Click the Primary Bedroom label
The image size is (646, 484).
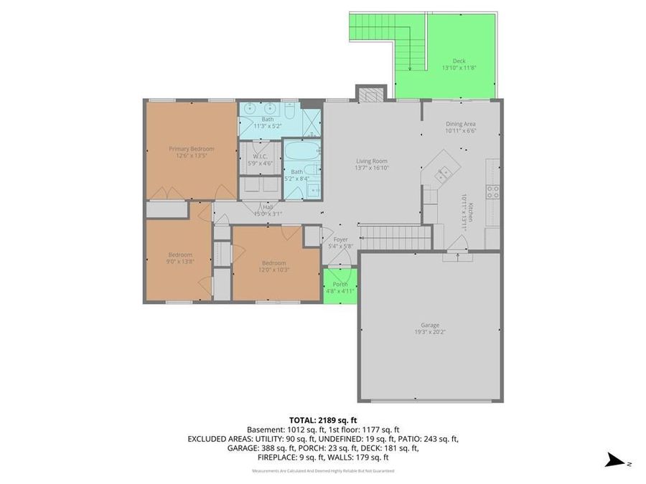pos(192,149)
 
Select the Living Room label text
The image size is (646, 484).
pos(371,161)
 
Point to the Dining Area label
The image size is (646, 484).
pos(460,123)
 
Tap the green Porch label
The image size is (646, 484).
pos(340,285)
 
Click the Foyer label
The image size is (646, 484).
pos(340,239)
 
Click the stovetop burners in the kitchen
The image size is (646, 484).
pos(492,191)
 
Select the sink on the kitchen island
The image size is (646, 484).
pos(444,172)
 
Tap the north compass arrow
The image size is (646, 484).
pos(616,460)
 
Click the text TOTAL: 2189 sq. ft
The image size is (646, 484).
pos(322,419)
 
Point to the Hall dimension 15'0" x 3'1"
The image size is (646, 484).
pos(267,213)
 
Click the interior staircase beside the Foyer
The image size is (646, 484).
pos(395,237)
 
